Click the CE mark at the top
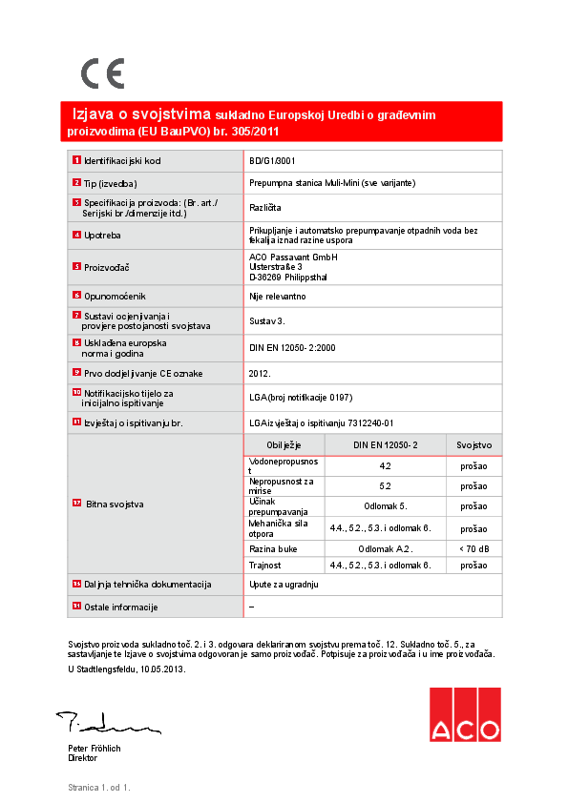102,73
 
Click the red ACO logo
464,714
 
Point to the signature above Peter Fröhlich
99,721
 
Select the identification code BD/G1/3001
272,161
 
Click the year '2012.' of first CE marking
260,374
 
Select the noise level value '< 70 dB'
473,549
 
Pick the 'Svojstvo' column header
473,444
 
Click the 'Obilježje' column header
284,444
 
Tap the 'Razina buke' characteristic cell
271,549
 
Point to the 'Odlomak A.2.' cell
385,549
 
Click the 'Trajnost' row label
265,566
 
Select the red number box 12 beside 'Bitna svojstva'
77,502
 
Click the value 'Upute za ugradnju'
284,584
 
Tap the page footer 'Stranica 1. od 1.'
98,788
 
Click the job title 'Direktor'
84,758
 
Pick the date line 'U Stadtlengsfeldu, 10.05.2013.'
127,669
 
